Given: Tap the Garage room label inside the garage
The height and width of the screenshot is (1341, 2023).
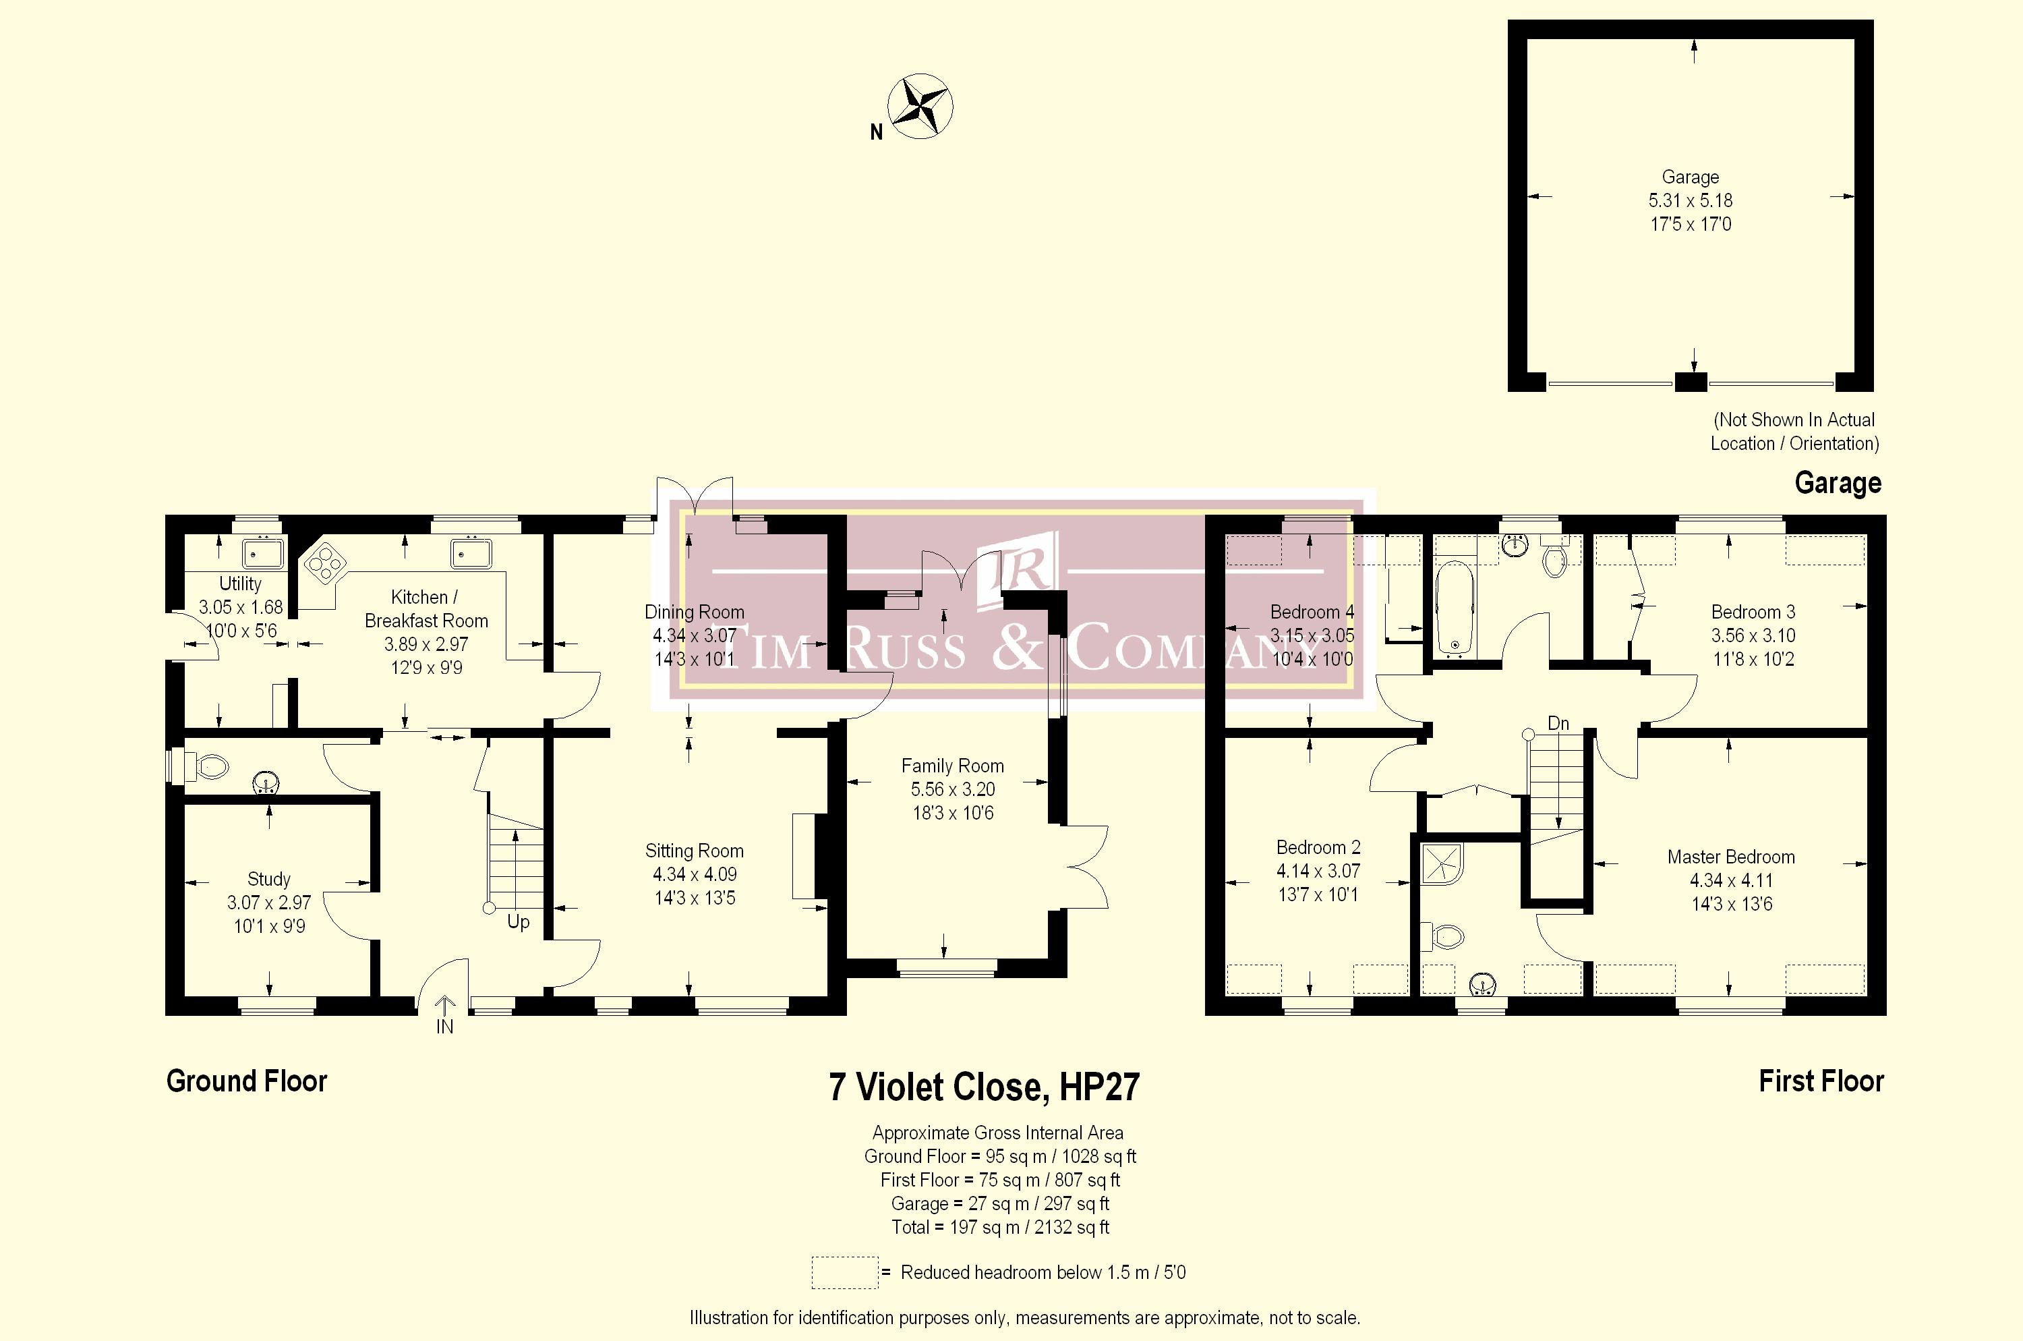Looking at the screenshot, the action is click(x=1689, y=177).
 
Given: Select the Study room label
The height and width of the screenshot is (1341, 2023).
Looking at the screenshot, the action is click(x=268, y=879).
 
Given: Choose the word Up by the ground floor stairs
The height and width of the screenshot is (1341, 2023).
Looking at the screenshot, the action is click(x=518, y=923).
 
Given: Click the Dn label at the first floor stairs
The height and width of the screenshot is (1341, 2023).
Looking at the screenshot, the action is click(x=1558, y=724).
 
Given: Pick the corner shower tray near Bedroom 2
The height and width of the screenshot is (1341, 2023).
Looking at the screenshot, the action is click(x=1441, y=865).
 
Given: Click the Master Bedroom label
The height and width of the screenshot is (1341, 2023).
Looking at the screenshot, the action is click(x=1730, y=857).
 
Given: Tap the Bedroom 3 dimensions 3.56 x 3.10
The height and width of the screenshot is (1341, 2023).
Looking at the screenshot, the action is click(x=1753, y=635).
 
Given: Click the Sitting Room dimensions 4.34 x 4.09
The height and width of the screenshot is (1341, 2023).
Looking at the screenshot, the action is click(x=695, y=874).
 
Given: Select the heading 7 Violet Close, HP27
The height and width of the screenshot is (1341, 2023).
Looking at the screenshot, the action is click(x=984, y=1087).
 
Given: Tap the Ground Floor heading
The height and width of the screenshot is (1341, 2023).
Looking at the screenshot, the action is click(x=246, y=1081).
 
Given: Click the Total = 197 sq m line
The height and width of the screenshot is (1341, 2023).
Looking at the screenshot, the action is click(x=999, y=1227).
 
